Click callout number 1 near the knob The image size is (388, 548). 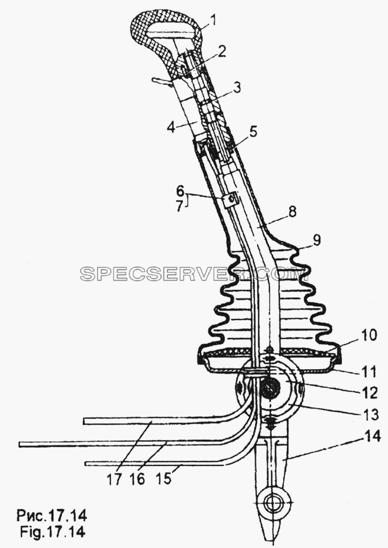[213, 20]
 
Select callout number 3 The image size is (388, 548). [237, 88]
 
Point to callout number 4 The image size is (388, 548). [171, 127]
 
